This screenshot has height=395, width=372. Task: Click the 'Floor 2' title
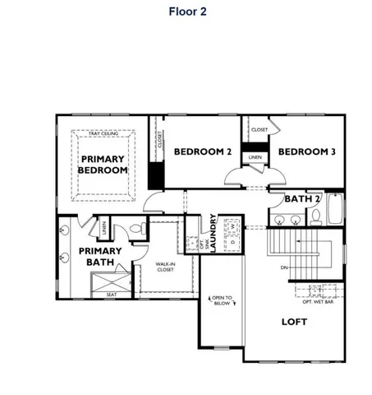[x=186, y=11]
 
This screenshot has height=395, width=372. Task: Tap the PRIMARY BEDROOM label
[x=103, y=165]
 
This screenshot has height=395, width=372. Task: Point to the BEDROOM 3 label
[x=305, y=152]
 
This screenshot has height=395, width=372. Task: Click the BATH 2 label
[x=301, y=198]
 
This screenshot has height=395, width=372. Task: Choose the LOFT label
[x=293, y=322]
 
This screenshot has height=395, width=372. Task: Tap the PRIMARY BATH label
[x=99, y=257]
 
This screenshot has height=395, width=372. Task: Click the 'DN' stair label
[x=283, y=267]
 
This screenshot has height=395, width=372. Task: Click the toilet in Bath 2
[x=315, y=216]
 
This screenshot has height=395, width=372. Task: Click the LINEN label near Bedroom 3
[x=255, y=156]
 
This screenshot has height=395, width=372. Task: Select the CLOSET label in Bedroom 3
[x=259, y=129]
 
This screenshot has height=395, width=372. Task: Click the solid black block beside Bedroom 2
[x=154, y=175]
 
